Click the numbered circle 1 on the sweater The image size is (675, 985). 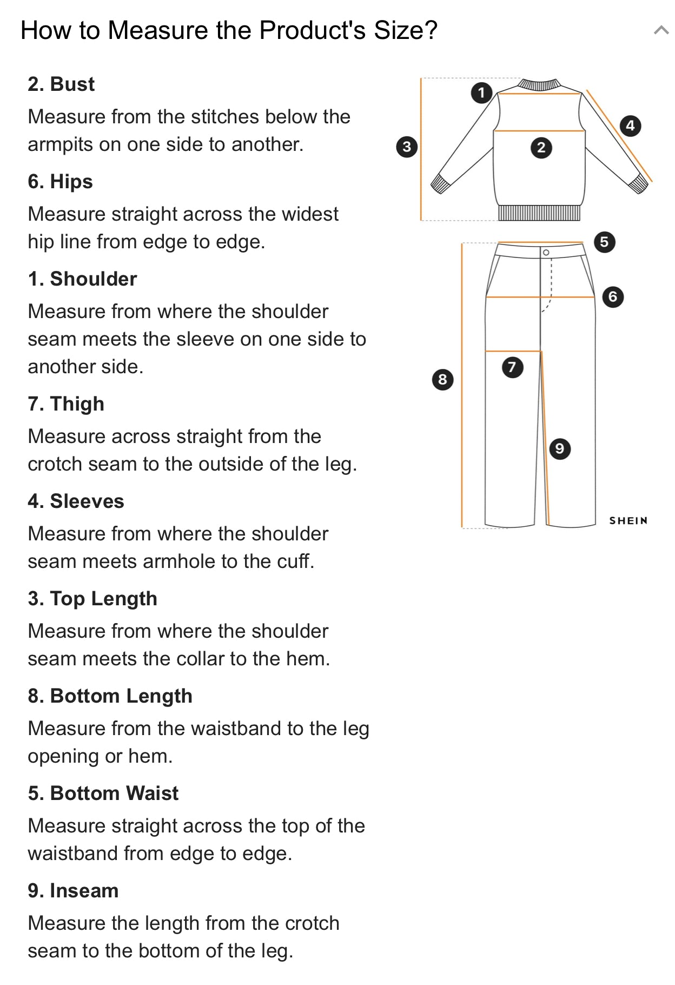click(481, 92)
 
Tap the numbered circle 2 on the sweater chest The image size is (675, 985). click(541, 148)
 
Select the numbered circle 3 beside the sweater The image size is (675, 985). click(407, 147)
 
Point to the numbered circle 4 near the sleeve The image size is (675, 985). click(630, 126)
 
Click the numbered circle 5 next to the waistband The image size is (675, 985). click(604, 242)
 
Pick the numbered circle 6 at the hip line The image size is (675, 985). click(613, 296)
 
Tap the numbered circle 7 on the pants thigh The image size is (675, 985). click(512, 367)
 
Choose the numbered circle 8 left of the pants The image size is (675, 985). click(442, 379)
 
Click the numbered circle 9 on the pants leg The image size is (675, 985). click(560, 448)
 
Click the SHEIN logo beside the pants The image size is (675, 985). click(628, 520)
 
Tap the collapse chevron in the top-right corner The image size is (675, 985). click(661, 30)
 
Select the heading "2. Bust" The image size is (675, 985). click(61, 84)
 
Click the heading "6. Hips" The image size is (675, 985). click(60, 182)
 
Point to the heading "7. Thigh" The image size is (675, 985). click(66, 404)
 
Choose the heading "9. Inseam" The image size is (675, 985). click(73, 891)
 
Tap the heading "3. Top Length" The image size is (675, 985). click(92, 599)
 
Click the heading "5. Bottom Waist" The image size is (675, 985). click(103, 794)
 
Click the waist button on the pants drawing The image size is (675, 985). click(546, 253)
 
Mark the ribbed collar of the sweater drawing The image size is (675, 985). click(538, 84)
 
